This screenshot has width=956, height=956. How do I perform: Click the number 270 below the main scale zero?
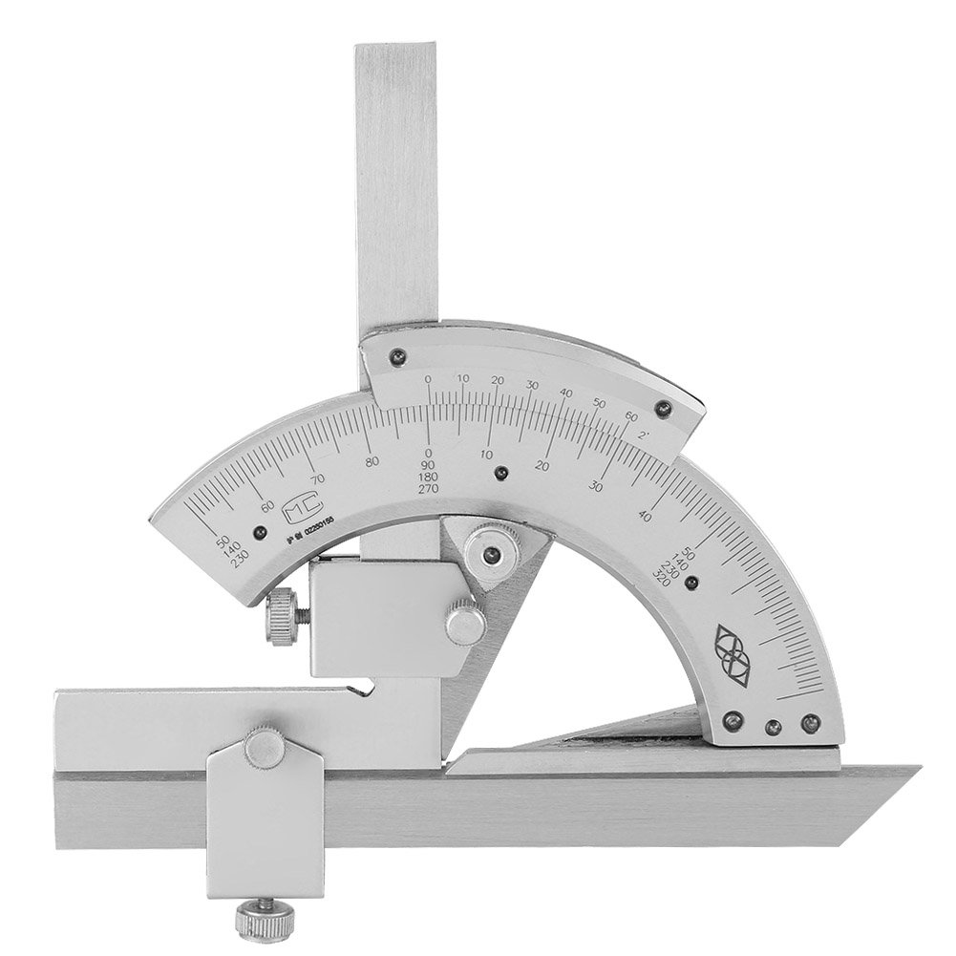[x=429, y=489]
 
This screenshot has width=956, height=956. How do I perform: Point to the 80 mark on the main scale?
[x=372, y=461]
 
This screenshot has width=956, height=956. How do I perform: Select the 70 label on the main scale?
[x=319, y=478]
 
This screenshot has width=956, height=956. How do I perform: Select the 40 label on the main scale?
[x=647, y=517]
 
